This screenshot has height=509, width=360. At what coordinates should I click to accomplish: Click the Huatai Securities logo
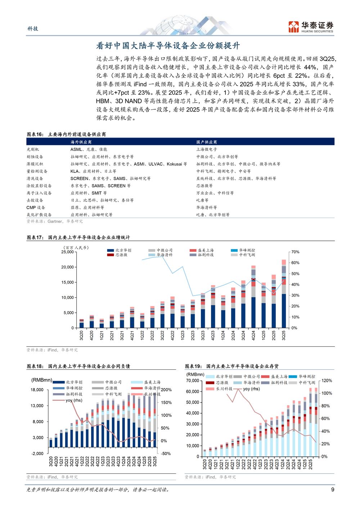tap(311, 27)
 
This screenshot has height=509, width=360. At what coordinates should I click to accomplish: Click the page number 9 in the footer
tap(333, 490)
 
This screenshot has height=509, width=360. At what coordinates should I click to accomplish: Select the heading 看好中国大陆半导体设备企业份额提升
tap(168, 46)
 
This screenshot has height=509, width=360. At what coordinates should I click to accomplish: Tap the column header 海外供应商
tap(81, 142)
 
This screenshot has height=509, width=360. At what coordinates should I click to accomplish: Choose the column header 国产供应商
tap(207, 142)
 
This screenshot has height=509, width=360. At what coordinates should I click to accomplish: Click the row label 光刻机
tap(33, 149)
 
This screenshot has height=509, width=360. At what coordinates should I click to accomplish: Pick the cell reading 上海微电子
tap(207, 149)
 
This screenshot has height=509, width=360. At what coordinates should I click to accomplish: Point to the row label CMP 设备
tap(36, 207)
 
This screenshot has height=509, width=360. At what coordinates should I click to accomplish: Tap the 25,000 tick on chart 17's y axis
tap(67, 252)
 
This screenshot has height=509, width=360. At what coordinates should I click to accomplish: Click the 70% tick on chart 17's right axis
tap(295, 252)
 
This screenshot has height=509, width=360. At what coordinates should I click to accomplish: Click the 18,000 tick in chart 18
tap(37, 390)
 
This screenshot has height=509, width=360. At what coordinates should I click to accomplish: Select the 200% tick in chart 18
tap(166, 390)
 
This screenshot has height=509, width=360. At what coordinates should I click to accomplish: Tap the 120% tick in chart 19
tap(327, 380)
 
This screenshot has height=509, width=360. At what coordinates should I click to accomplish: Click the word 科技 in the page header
tap(33, 28)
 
